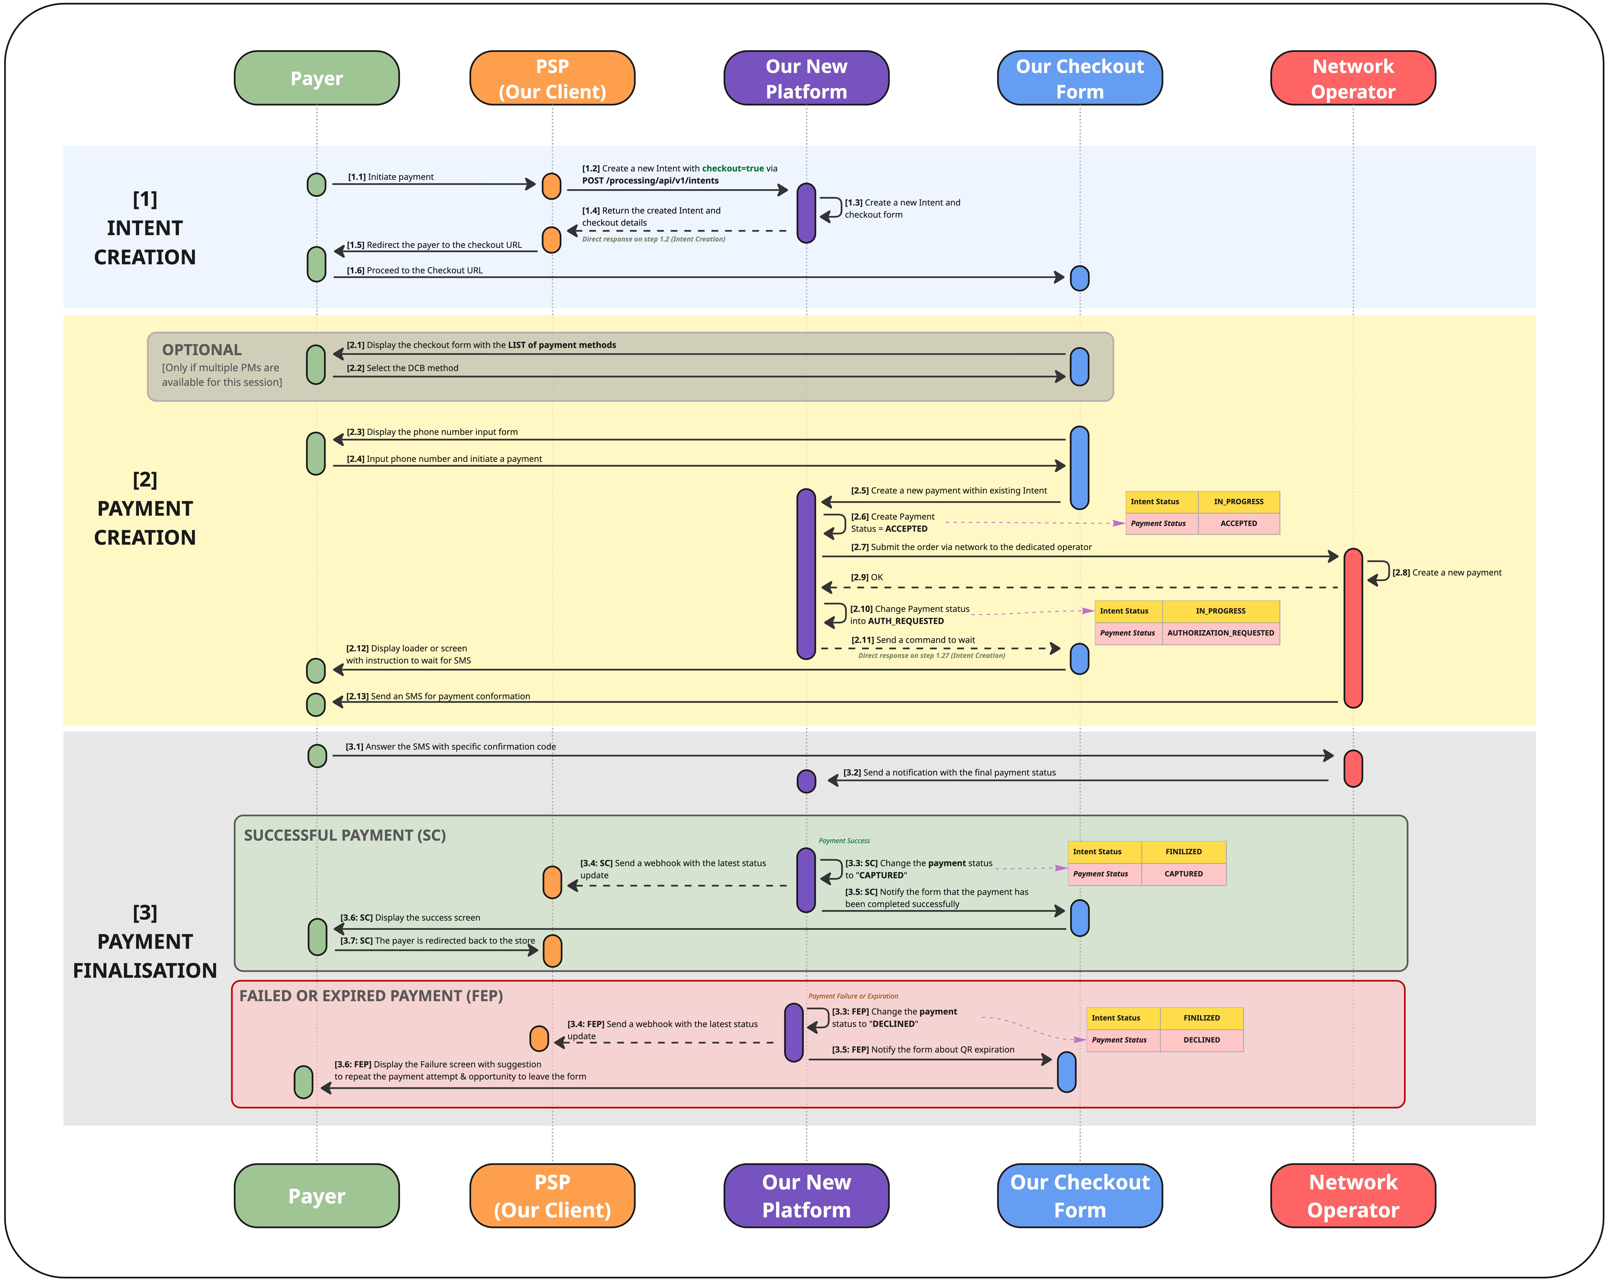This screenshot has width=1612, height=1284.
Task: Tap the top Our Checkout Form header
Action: [1080, 78]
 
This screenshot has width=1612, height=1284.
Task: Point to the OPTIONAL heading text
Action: [202, 350]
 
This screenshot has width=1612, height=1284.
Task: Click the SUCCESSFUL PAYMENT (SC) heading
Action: [345, 835]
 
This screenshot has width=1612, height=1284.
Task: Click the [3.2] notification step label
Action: [949, 772]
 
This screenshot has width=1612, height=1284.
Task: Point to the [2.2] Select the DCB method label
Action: [402, 368]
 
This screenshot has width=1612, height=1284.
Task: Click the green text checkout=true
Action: [733, 168]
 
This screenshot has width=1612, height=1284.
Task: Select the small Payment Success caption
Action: [844, 840]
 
